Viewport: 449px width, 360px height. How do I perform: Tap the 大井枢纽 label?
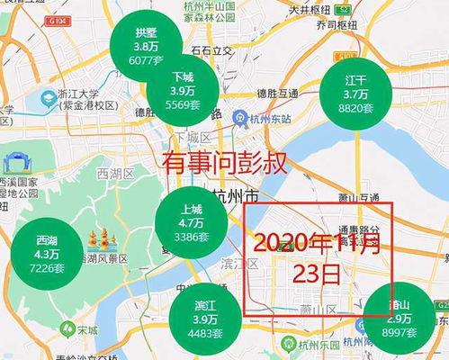coord(310,10)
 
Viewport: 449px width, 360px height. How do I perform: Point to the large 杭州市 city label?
coord(236,195)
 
